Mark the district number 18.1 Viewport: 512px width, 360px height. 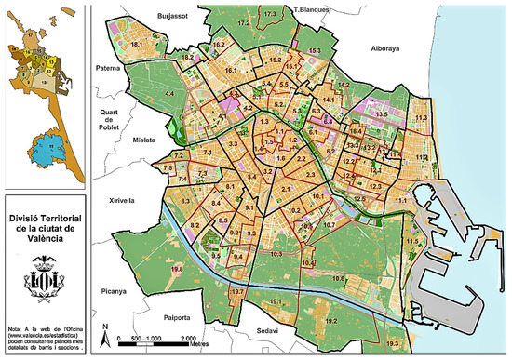point(136,44)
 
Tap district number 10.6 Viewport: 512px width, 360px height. point(339,278)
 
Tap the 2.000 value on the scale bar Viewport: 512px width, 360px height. point(187,337)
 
